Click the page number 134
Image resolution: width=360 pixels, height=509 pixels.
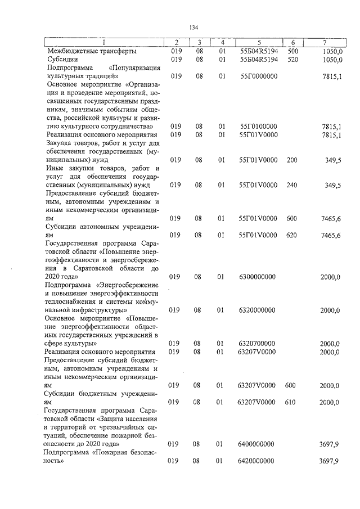[195, 27]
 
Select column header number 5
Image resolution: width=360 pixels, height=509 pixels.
[259, 43]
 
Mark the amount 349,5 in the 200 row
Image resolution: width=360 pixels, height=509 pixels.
[333, 160]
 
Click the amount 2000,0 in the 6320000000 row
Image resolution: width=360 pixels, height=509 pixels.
[330, 310]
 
